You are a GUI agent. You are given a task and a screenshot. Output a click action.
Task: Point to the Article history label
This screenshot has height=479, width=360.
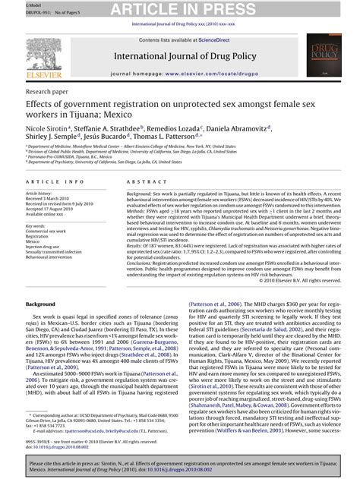[x=39, y=194]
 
